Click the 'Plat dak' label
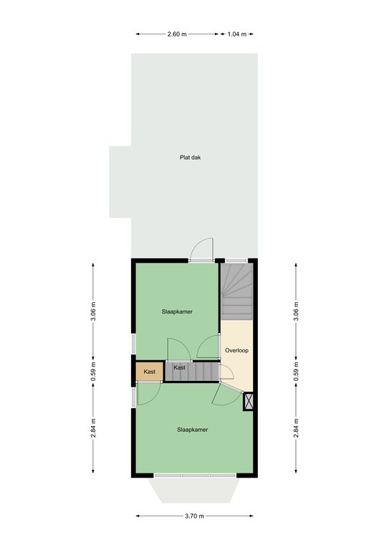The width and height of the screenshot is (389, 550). click(190, 158)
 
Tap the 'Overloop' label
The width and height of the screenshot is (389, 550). click(237, 350)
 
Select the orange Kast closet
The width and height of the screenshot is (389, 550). click(150, 372)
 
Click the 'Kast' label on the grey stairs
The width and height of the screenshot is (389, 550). click(179, 367)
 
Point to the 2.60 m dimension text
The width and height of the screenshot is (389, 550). click(177, 34)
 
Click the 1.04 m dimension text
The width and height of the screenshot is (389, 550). click(237, 34)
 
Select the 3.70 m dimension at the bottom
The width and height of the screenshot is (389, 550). click(194, 516)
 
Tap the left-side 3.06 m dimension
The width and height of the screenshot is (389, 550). click(93, 311)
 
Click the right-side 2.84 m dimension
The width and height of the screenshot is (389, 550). click(296, 428)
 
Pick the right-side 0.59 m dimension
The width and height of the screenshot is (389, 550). click(296, 372)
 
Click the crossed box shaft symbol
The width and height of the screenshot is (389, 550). click(249, 401)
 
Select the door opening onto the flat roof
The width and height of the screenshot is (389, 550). click(202, 250)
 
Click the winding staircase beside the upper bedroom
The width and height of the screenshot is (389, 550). click(237, 292)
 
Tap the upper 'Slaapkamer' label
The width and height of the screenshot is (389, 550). click(177, 312)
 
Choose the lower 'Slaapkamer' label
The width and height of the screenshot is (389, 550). click(193, 430)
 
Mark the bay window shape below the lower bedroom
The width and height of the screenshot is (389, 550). click(194, 490)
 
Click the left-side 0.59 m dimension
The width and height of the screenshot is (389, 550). click(93, 372)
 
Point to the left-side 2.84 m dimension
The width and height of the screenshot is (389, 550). click(93, 428)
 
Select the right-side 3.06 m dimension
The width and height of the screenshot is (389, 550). click(296, 311)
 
